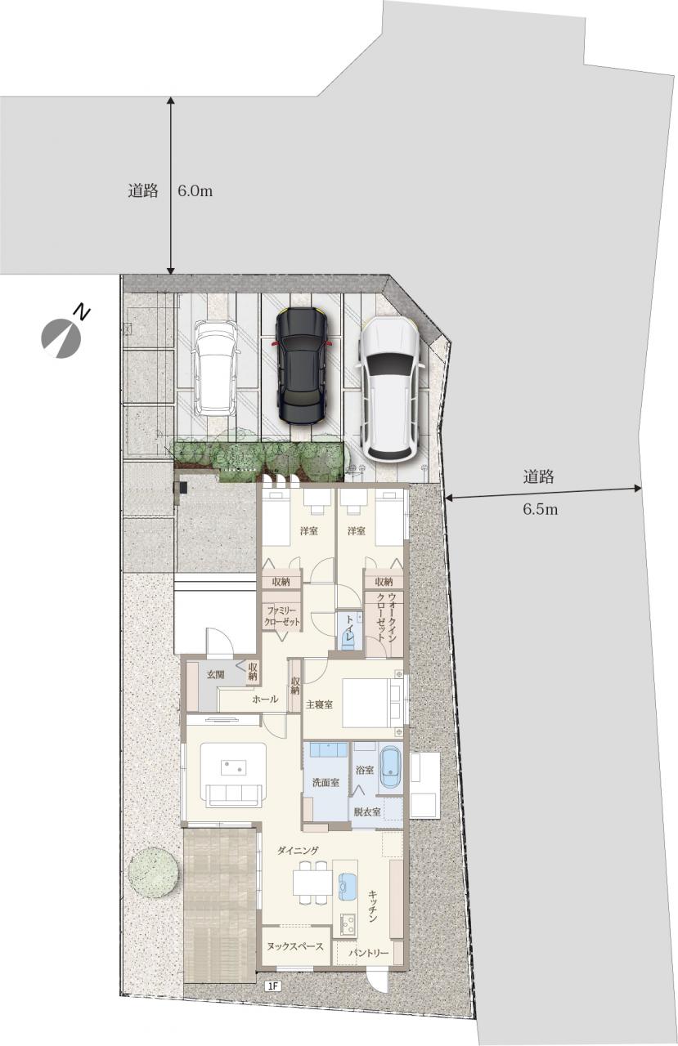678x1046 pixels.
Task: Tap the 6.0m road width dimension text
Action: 195,191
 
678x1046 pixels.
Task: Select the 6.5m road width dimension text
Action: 540,509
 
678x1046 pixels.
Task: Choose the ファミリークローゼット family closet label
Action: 282,616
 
